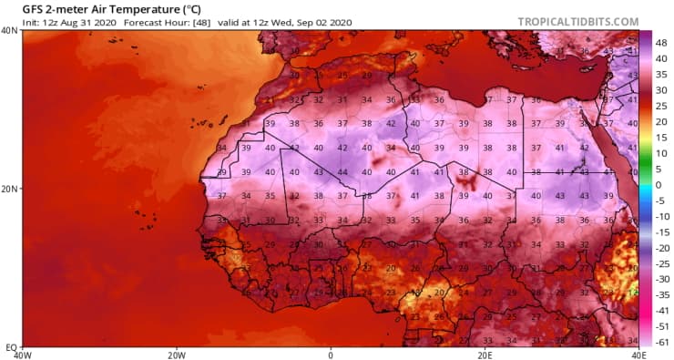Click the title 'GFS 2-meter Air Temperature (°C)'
click(x=111, y=8)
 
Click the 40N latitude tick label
click(x=11, y=31)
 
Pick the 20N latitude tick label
click(x=11, y=189)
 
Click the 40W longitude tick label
click(x=23, y=355)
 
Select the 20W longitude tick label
click(x=177, y=355)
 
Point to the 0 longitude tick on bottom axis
click(x=331, y=355)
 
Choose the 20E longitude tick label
click(x=485, y=355)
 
